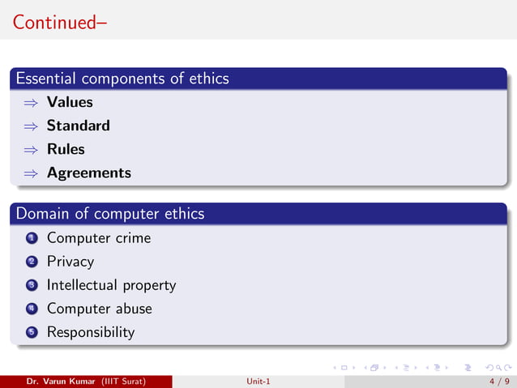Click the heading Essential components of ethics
122,79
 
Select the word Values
70,102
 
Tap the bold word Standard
78,126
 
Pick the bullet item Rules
66,149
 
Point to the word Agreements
88,173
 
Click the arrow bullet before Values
31,103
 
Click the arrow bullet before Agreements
31,173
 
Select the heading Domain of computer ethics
110,214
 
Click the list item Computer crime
99,238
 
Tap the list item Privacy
70,262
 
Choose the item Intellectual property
111,285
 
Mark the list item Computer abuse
99,309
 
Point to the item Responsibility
91,332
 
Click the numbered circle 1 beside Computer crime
31,238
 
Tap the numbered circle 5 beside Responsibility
31,333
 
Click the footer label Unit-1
258,381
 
